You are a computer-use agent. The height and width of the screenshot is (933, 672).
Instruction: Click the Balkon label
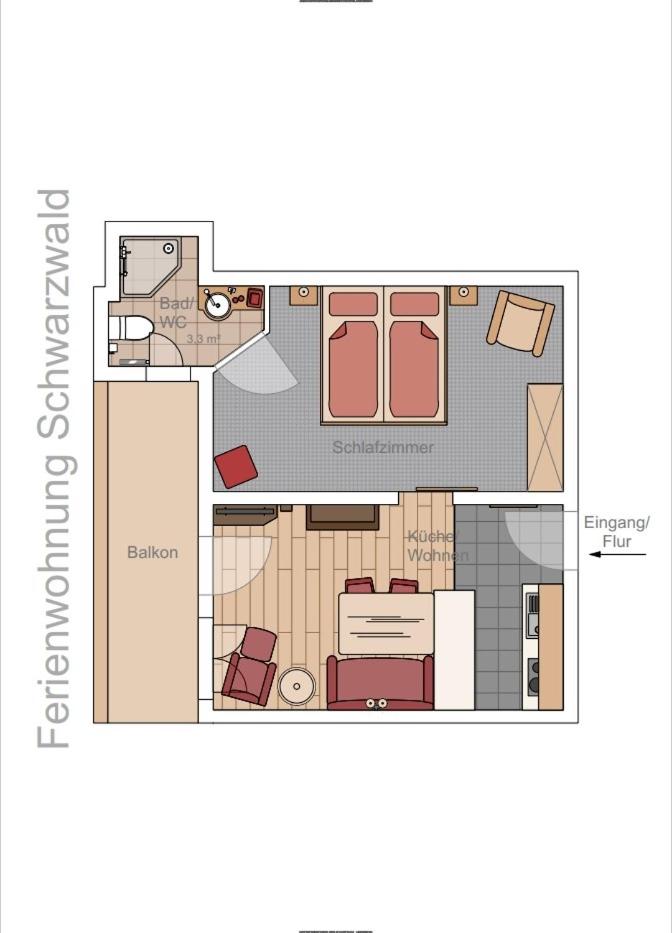(152, 552)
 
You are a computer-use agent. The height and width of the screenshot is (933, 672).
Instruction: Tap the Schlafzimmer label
(383, 447)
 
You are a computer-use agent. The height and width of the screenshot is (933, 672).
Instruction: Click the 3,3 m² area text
(204, 339)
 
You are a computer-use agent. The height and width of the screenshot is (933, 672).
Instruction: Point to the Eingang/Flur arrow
(617, 555)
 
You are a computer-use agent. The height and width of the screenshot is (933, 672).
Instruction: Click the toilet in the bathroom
(129, 328)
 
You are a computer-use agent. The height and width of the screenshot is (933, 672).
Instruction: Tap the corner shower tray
(151, 266)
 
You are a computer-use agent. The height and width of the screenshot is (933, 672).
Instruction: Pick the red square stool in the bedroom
(236, 466)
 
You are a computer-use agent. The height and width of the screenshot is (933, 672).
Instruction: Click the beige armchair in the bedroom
(520, 323)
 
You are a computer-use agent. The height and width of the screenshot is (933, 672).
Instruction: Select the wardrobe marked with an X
(545, 437)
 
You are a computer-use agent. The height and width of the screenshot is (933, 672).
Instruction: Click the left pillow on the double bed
(353, 304)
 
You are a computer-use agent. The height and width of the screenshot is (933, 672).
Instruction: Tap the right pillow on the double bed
(414, 304)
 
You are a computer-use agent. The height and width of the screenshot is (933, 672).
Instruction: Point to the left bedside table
(304, 295)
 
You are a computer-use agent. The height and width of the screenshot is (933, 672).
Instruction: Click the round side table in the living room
(296, 687)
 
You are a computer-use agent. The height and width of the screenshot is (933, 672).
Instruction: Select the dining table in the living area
(386, 624)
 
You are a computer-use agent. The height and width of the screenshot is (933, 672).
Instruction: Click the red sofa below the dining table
(380, 682)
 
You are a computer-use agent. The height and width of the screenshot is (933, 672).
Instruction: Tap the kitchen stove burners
(533, 677)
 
